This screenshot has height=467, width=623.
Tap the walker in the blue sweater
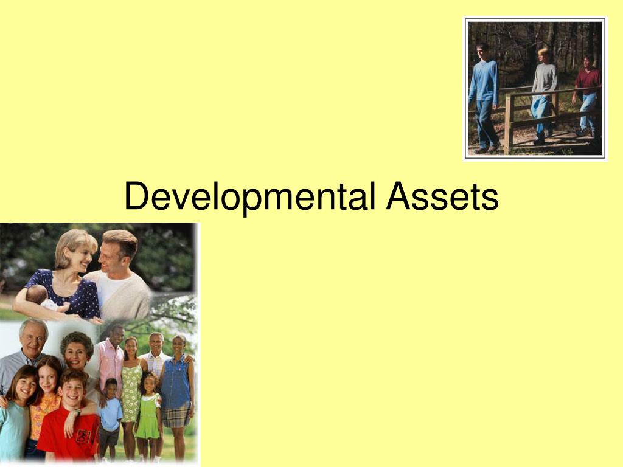[x=484, y=91]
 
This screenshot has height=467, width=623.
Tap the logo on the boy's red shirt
[x=83, y=435]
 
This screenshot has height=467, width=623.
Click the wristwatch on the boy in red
[x=78, y=412]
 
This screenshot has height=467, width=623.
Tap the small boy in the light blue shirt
[x=111, y=413]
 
